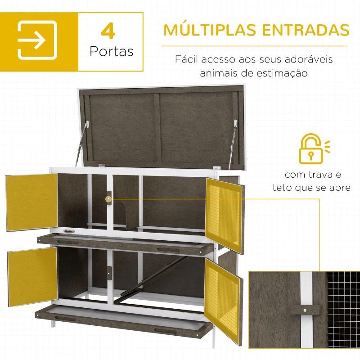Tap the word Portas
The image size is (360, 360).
click(x=111, y=51)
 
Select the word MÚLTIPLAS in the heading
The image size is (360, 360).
click(x=210, y=30)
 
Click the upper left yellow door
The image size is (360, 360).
click(x=32, y=202)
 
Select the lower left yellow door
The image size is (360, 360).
click(x=32, y=276)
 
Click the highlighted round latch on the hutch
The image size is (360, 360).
click(x=108, y=198)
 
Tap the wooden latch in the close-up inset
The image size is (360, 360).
click(x=305, y=310)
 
